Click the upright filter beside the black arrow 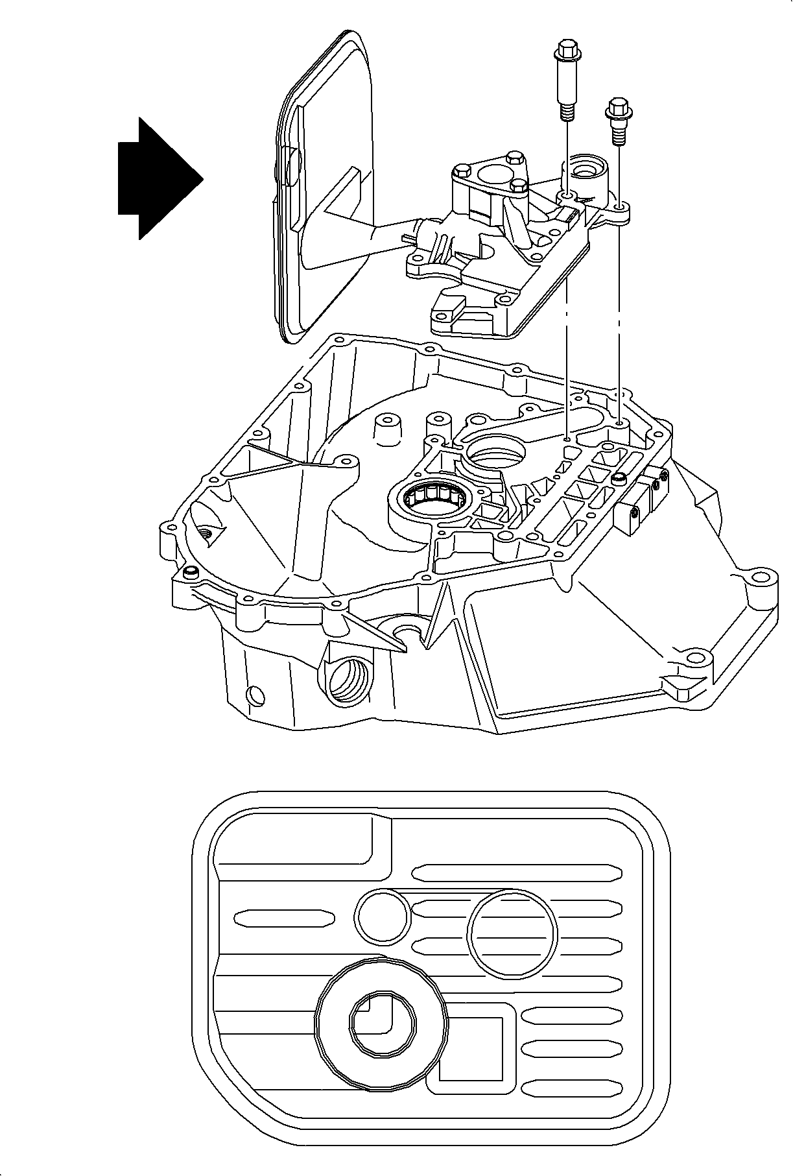(x=324, y=188)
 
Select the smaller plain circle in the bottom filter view (x=381, y=916)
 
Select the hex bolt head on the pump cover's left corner (x=462, y=171)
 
